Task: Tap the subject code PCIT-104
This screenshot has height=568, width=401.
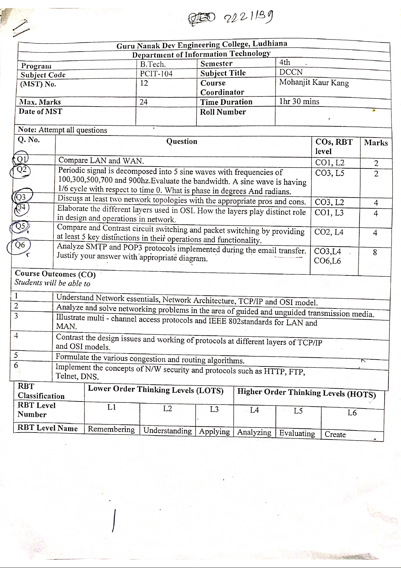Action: click(156, 74)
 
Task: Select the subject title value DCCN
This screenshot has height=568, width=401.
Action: click(291, 72)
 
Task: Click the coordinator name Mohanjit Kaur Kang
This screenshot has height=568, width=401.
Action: click(314, 83)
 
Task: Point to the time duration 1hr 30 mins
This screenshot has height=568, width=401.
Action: click(299, 101)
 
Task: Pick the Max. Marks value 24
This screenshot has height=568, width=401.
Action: click(144, 102)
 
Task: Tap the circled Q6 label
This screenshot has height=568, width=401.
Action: click(21, 245)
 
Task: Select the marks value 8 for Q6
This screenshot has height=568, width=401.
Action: click(375, 252)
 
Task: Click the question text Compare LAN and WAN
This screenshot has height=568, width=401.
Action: click(101, 160)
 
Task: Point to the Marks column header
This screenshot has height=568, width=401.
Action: click(376, 143)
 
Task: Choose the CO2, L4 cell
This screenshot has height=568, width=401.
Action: click(329, 232)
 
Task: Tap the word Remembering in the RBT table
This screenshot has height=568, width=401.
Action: click(111, 429)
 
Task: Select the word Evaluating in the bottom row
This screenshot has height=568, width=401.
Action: click(297, 434)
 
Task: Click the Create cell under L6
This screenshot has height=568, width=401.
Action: click(335, 435)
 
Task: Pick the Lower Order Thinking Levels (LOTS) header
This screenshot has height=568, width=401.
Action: click(156, 390)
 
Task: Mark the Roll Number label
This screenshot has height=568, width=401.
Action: click(223, 112)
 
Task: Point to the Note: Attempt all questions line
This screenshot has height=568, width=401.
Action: click(63, 130)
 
